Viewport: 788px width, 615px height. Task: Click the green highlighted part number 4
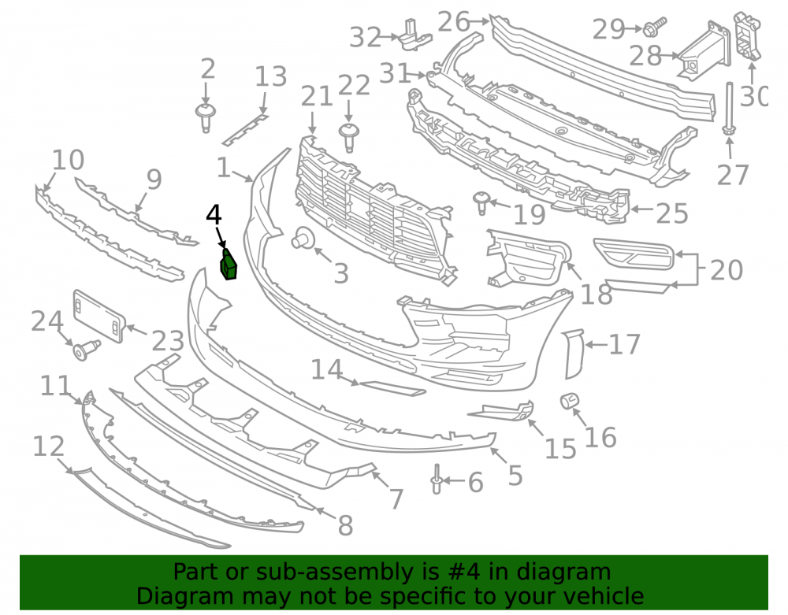[x=229, y=265]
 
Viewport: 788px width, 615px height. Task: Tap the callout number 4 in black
[x=214, y=215]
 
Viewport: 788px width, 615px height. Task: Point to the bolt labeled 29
[x=655, y=27]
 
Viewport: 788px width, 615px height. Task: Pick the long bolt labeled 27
[x=729, y=109]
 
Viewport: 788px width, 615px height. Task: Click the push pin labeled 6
[x=437, y=479]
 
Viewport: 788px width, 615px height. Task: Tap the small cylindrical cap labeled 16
[x=570, y=401]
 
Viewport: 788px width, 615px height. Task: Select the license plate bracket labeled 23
[x=99, y=317]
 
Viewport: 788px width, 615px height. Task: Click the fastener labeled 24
[x=87, y=350]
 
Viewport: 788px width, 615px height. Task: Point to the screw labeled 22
[x=349, y=137]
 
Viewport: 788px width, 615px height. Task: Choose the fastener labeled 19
[x=482, y=202]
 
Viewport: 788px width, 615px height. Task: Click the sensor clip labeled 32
[x=415, y=35]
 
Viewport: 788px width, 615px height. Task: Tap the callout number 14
[x=327, y=370]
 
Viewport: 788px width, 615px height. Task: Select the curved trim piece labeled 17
[x=574, y=354]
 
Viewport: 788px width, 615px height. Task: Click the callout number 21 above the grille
[x=317, y=96]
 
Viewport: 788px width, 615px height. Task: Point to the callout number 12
[x=49, y=446]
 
